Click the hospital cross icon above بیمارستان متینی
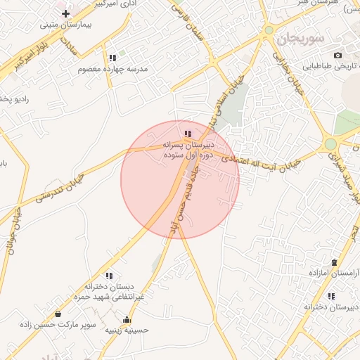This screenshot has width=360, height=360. [x=65, y=13]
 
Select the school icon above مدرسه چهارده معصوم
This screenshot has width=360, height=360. [x=112, y=58]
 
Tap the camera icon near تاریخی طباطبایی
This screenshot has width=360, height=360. [x=338, y=55]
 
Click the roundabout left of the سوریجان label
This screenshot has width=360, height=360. [x=269, y=30]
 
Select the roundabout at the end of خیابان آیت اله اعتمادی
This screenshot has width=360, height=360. [x=330, y=144]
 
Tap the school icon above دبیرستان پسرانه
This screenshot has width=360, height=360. [x=187, y=133]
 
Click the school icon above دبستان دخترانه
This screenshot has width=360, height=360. [x=108, y=276]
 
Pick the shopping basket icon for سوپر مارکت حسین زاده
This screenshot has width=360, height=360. [x=58, y=313]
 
